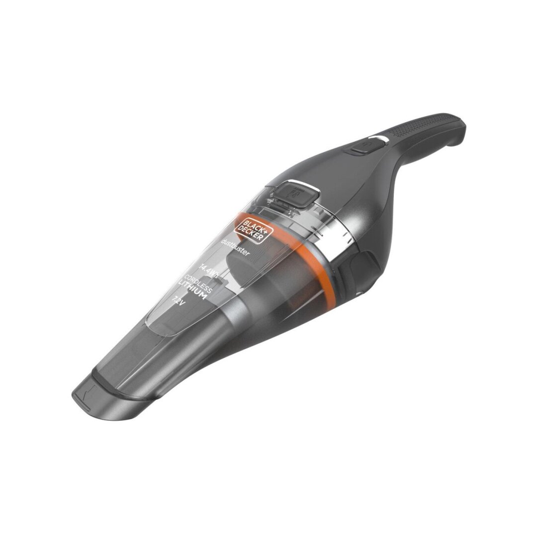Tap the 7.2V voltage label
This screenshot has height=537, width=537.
[178, 300]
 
